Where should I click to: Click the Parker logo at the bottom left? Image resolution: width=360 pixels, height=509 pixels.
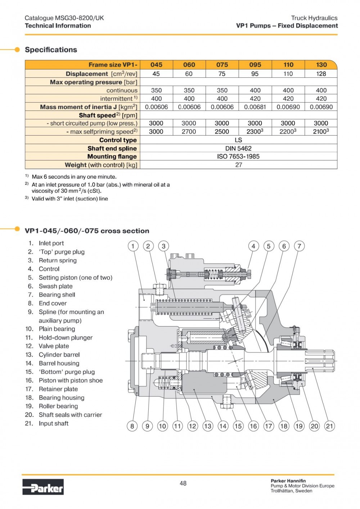point(43,487)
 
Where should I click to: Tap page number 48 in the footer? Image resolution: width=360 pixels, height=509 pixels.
point(183,483)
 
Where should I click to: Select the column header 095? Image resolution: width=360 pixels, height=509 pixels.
point(255,65)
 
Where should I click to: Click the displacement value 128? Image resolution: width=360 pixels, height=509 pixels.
point(321,74)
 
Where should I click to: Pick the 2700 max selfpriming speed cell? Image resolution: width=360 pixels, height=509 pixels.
point(189,132)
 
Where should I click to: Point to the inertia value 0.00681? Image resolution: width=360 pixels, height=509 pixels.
point(255,107)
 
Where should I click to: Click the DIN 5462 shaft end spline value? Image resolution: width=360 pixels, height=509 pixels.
point(238,148)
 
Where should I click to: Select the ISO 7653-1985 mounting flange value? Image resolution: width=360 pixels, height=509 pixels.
point(238,156)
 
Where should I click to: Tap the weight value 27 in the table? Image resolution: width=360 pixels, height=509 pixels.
point(238,165)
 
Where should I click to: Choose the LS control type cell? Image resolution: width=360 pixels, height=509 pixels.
point(238,140)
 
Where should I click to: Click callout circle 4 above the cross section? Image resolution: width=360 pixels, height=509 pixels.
point(253,246)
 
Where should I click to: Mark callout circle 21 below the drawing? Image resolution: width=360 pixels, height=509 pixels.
point(329,426)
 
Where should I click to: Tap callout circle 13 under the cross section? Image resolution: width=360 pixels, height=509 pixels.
point(208,426)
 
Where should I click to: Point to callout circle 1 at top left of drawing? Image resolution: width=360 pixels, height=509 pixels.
point(133,246)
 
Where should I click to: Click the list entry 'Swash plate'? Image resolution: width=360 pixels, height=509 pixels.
point(55,286)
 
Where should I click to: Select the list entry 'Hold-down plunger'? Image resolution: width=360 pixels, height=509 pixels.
point(66,337)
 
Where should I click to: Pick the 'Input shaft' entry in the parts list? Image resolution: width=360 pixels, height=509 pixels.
point(54,423)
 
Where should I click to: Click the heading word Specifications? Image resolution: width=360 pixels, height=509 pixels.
point(51,50)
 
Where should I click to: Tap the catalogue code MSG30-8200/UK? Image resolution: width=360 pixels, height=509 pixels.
point(79,18)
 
